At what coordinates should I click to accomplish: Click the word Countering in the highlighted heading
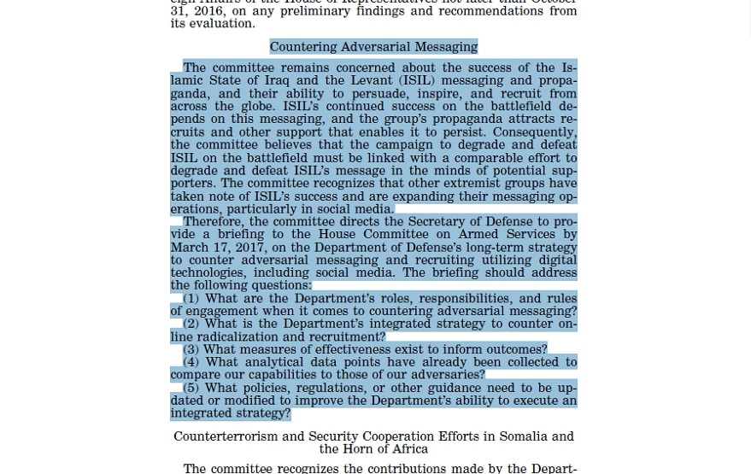click(x=304, y=47)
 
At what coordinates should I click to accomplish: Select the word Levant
click(x=367, y=81)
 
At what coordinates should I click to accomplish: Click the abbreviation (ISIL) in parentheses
click(x=416, y=81)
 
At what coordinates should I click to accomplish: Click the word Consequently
click(x=534, y=132)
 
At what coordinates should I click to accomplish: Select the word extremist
click(x=464, y=183)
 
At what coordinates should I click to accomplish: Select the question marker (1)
click(x=191, y=299)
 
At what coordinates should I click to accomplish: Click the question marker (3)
click(x=191, y=349)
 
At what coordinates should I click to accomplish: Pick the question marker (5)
click(x=191, y=388)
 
